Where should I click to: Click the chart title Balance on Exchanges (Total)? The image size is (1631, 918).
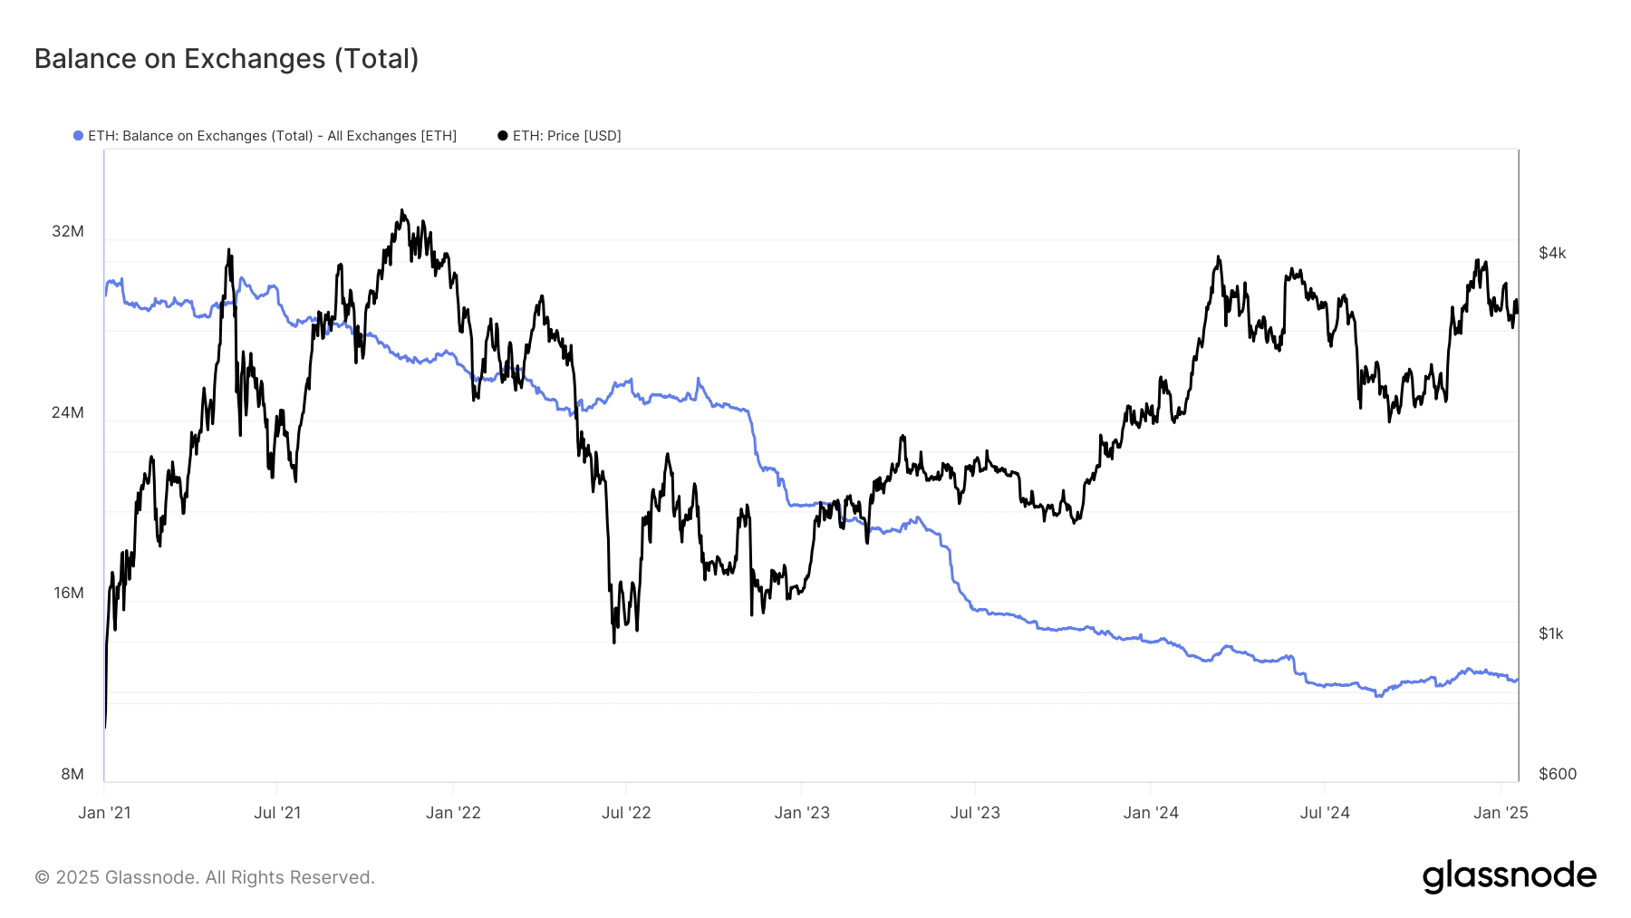(x=227, y=59)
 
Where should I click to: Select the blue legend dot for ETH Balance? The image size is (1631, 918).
(x=79, y=136)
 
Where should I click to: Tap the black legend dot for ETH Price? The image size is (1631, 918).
(x=503, y=136)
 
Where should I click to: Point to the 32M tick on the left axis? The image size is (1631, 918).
(x=68, y=231)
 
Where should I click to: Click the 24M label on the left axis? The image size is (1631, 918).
(x=68, y=412)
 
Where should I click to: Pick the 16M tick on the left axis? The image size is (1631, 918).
(x=68, y=593)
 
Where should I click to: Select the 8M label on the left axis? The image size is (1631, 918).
(x=72, y=774)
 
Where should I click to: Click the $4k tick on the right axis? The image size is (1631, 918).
(x=1552, y=253)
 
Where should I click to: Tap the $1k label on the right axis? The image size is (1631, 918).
(x=1551, y=633)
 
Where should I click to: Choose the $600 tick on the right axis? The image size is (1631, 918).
(x=1558, y=774)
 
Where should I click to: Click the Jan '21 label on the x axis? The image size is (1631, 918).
(x=104, y=813)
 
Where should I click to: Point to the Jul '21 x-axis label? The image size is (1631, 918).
(x=277, y=813)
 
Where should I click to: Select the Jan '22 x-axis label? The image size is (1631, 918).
(x=453, y=813)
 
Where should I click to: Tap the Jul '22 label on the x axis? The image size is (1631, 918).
(x=626, y=813)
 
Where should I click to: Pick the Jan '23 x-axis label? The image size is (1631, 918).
(x=802, y=813)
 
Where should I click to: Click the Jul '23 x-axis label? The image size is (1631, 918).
(x=975, y=813)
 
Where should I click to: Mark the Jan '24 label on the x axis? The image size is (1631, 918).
(x=1151, y=813)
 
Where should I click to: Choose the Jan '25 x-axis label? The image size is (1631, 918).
(x=1501, y=813)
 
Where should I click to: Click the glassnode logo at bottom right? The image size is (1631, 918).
(x=1509, y=876)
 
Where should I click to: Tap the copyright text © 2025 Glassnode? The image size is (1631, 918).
(x=205, y=877)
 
